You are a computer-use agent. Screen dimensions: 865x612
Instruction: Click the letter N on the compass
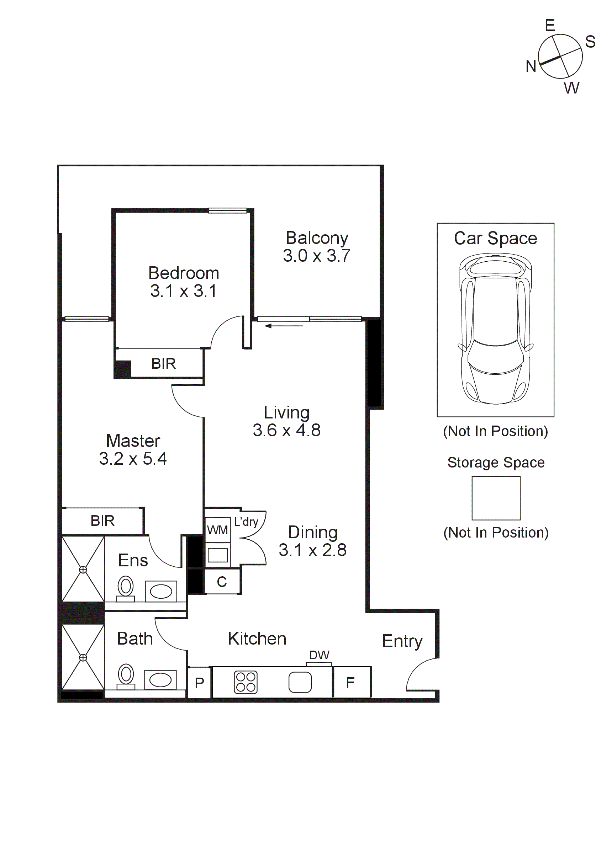[531, 66]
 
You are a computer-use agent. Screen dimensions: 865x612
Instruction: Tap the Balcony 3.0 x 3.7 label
[317, 247]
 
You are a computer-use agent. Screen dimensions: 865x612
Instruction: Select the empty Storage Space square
[496, 498]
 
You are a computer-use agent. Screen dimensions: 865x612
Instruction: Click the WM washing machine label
[217, 530]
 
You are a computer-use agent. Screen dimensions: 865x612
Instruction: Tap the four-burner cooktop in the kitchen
[246, 682]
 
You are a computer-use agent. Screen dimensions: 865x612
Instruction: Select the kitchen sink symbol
[300, 682]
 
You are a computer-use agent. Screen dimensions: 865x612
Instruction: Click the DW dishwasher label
[319, 655]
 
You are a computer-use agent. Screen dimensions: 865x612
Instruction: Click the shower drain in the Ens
[83, 570]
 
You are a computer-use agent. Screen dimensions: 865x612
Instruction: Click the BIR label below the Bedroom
[163, 364]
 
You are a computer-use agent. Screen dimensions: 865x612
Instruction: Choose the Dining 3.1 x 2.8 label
[312, 541]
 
